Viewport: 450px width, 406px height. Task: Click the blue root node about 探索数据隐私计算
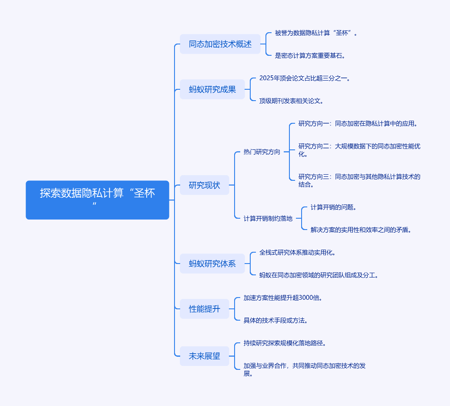[x=97, y=200]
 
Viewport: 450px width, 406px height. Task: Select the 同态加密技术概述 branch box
[x=220, y=44]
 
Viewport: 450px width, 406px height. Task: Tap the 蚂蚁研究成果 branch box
[x=212, y=89]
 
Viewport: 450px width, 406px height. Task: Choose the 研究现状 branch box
[x=204, y=185]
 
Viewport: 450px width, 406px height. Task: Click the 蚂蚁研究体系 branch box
[x=212, y=264]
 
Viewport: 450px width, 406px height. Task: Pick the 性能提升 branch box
[x=204, y=309]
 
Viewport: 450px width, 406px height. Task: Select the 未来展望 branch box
[x=204, y=356]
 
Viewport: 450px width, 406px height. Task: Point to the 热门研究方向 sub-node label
[x=262, y=152]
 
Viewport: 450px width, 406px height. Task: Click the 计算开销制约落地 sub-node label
[x=268, y=218]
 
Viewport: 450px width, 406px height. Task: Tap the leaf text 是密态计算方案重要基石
[x=310, y=55]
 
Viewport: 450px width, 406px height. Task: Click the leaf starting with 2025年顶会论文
[x=305, y=78]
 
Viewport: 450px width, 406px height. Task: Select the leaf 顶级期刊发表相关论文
[x=291, y=101]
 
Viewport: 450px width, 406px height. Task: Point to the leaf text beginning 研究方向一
[x=358, y=123]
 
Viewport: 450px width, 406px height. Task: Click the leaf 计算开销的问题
[x=333, y=207]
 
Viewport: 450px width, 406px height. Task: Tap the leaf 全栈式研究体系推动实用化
[x=297, y=252]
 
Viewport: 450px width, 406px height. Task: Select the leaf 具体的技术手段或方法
[x=275, y=320]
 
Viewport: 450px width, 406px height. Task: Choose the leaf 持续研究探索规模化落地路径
[x=285, y=343]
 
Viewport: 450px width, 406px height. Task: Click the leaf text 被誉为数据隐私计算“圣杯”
[x=316, y=33]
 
